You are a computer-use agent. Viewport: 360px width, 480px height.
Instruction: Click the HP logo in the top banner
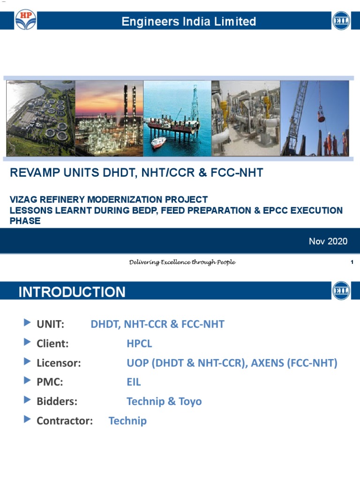tap(25, 21)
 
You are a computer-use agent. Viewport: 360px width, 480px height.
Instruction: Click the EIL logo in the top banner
tap(341, 21)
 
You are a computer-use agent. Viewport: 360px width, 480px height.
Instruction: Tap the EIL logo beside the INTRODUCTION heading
tap(341, 291)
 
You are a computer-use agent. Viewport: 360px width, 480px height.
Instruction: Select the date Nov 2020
tap(328, 241)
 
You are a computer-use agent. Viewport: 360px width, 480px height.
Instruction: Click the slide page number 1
tap(352, 262)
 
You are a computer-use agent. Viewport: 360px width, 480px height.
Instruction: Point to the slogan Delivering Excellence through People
tap(182, 262)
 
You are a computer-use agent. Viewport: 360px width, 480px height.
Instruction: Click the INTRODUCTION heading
tap(72, 292)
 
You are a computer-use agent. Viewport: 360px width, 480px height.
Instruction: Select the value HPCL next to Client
tap(139, 344)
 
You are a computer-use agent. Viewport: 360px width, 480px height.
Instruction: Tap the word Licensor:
tap(59, 363)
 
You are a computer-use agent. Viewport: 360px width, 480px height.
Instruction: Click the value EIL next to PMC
tap(134, 382)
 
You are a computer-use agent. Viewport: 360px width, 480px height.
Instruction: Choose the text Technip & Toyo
tap(164, 401)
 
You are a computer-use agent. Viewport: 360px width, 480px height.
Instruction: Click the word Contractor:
tap(65, 420)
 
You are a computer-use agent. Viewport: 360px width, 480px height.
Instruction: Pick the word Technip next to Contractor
tap(127, 420)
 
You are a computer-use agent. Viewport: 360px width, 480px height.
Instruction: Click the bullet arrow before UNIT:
tap(26, 323)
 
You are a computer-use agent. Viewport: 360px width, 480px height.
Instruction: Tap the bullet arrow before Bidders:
tap(26, 400)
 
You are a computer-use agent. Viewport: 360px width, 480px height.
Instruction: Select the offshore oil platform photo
tap(177, 118)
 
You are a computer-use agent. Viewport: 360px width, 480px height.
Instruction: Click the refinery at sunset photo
tap(109, 118)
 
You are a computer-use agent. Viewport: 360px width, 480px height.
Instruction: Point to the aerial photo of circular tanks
tap(40, 118)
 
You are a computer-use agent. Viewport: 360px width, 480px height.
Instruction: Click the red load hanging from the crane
tap(321, 115)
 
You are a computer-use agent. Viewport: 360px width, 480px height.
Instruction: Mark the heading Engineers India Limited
tap(189, 21)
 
